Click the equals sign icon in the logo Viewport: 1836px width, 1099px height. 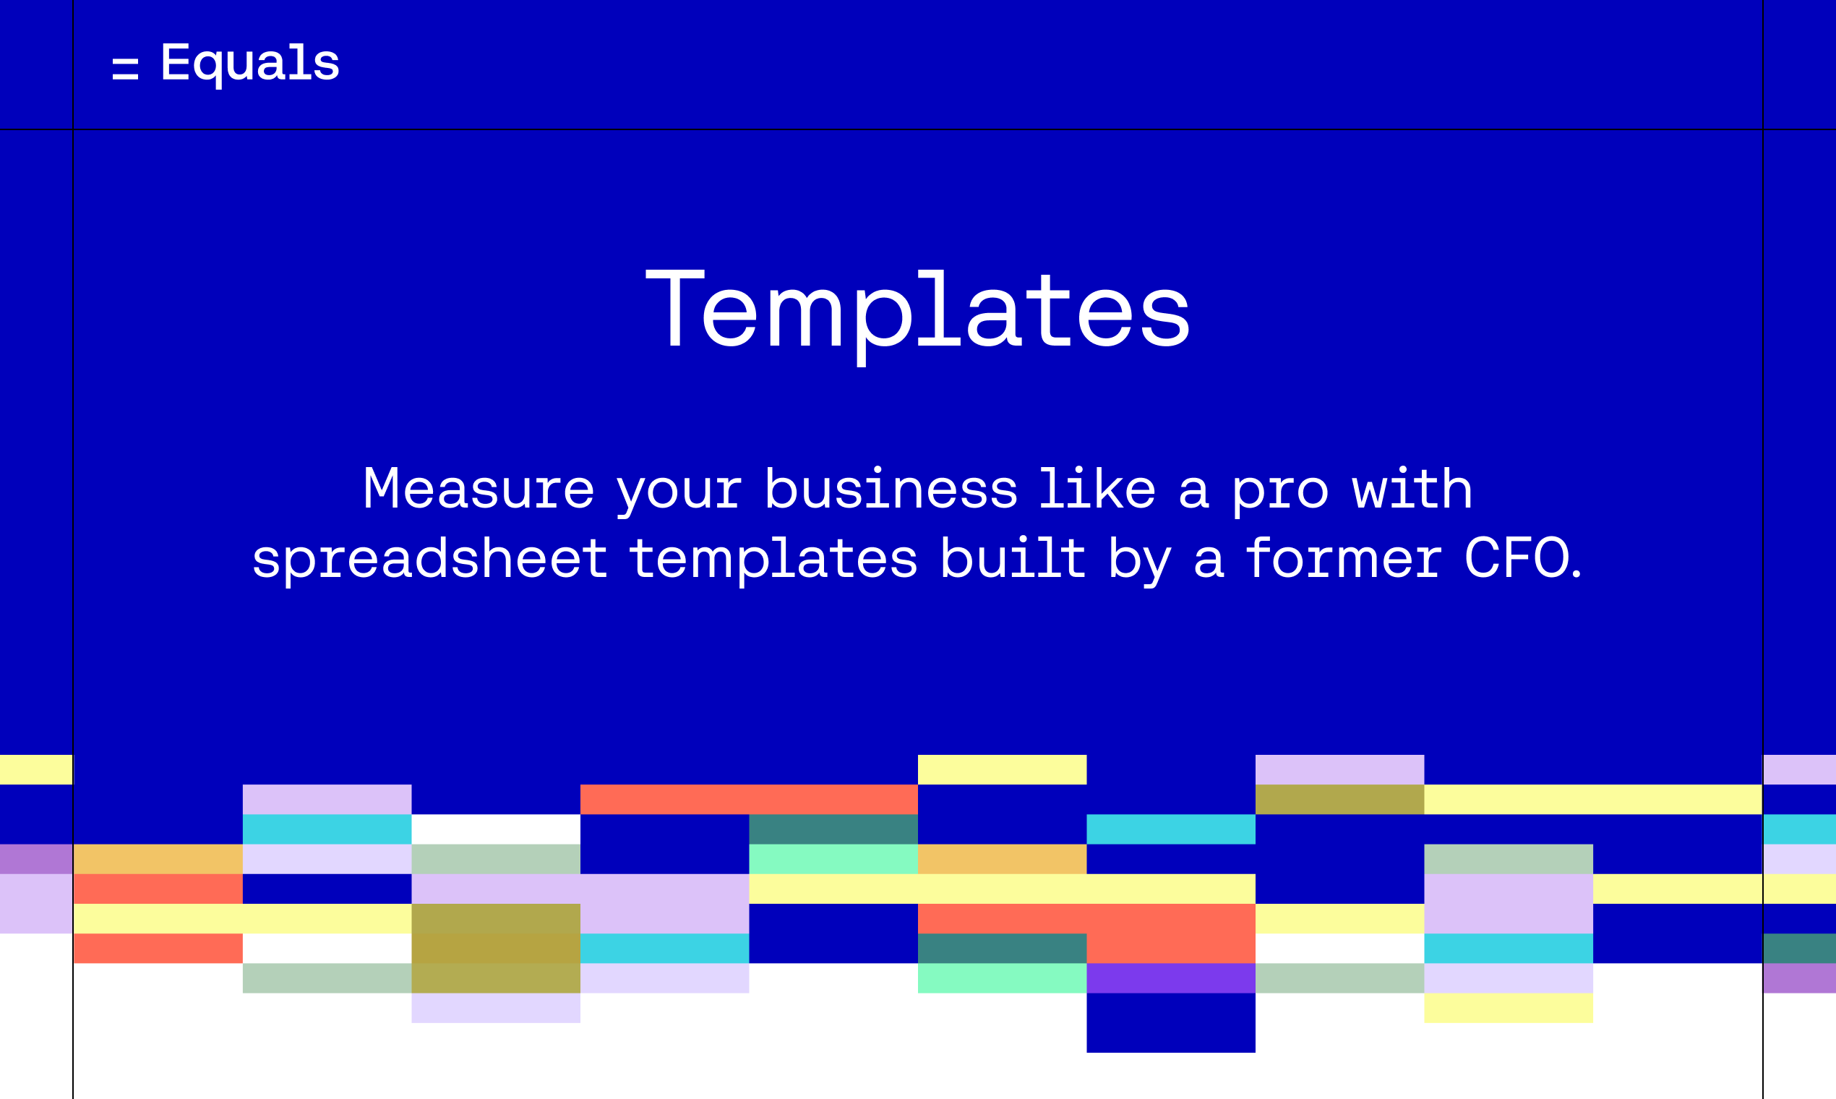[125, 69]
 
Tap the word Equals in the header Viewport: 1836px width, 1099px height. [250, 64]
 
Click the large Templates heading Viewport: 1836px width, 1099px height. [918, 314]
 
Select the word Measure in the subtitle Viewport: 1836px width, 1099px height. [479, 489]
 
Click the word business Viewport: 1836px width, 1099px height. [891, 489]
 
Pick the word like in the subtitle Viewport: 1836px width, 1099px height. [1097, 489]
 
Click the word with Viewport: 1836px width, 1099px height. [1412, 489]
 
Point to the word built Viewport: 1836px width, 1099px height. [1013, 557]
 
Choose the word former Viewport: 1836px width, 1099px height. [1344, 557]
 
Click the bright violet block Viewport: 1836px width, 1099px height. [1171, 978]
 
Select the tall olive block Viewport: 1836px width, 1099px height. [496, 949]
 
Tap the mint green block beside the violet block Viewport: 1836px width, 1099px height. [1003, 978]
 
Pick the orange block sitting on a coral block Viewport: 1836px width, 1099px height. [158, 859]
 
